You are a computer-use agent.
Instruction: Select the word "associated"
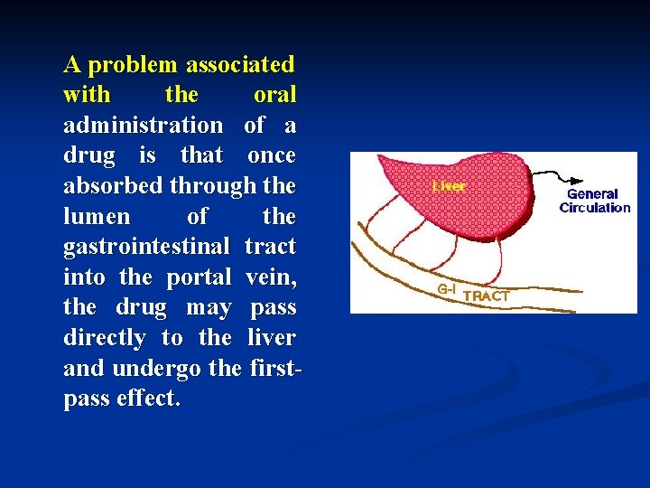[x=239, y=65]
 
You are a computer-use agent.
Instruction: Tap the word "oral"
[x=274, y=95]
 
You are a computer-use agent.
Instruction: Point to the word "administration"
[x=143, y=125]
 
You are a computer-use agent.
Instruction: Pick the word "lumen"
[x=97, y=217]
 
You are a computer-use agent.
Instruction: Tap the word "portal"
[x=199, y=277]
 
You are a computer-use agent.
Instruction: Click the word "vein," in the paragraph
[x=270, y=277]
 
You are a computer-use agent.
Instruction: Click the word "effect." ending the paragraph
[x=148, y=399]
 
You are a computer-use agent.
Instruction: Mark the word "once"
[x=271, y=155]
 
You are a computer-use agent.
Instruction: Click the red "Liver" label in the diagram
[x=449, y=187]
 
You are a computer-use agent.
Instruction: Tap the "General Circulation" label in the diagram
[x=594, y=201]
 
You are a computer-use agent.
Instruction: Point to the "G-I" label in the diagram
[x=448, y=289]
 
